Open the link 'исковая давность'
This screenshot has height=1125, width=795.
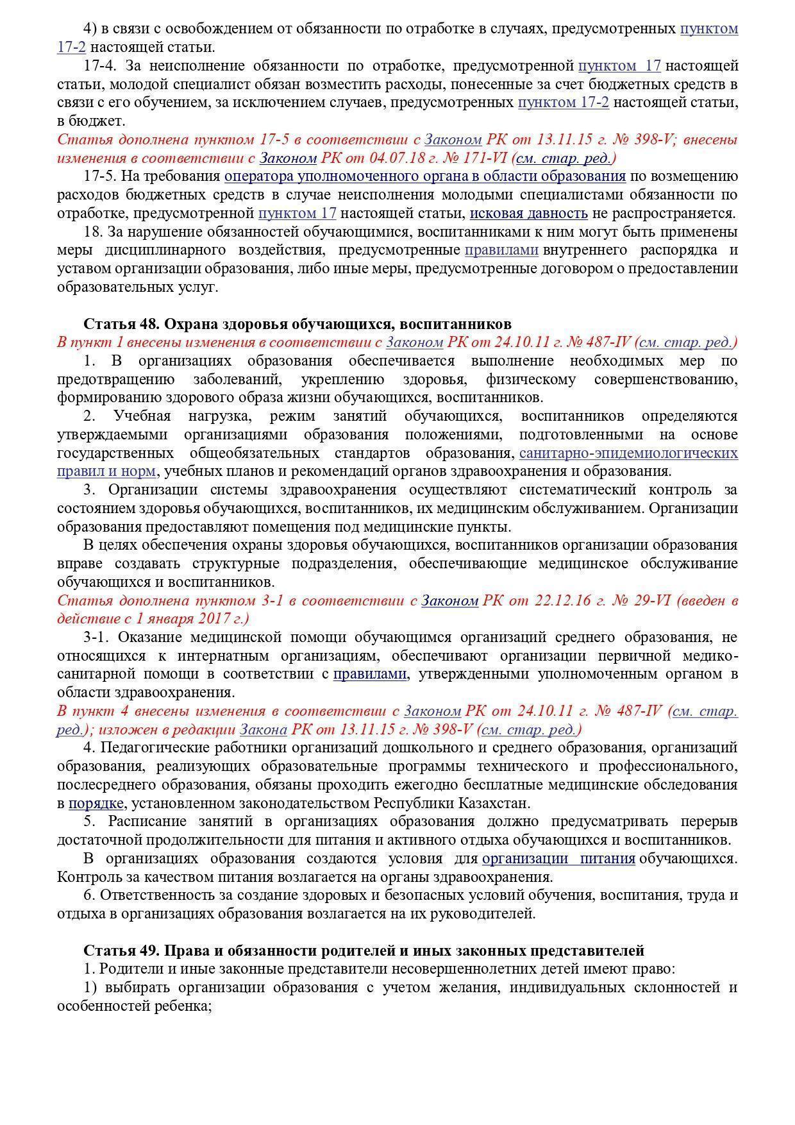click(x=528, y=213)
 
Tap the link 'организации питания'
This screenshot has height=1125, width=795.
click(x=558, y=858)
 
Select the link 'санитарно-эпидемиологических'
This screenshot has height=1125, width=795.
click(x=628, y=453)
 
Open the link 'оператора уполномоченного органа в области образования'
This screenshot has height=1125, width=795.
click(x=424, y=176)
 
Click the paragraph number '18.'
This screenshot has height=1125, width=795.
click(x=92, y=232)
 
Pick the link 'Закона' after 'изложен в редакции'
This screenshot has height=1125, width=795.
click(x=263, y=729)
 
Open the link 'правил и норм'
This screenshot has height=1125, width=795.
click(x=106, y=471)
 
